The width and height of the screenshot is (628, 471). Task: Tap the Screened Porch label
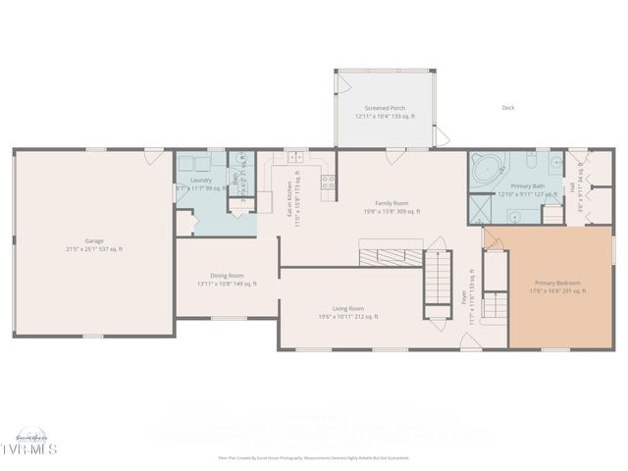385,108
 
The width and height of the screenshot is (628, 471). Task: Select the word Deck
508,108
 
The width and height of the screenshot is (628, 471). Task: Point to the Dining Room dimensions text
227,284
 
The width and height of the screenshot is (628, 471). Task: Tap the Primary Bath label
528,185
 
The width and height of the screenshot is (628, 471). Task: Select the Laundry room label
201,180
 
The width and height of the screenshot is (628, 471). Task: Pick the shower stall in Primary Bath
481,209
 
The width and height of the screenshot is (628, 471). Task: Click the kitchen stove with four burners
328,182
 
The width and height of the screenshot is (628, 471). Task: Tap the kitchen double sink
296,157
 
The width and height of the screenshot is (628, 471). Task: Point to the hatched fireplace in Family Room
390,257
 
